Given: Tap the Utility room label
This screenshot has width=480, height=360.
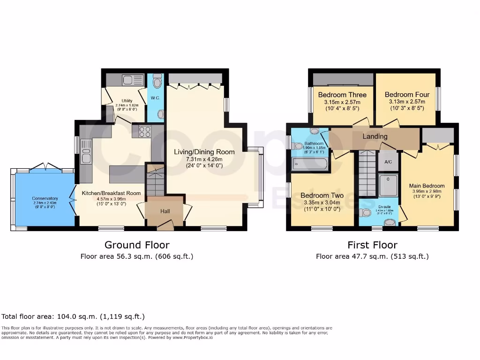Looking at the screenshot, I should tap(127, 101).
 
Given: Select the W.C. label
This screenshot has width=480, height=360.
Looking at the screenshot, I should tap(155, 98).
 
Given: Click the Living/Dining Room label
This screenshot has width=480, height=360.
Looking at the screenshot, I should tap(204, 152).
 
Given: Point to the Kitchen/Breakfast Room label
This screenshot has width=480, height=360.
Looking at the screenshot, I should tap(111, 193).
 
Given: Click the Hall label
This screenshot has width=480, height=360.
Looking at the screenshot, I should tap(165, 211).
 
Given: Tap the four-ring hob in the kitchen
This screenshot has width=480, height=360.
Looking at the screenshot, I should tap(144, 132).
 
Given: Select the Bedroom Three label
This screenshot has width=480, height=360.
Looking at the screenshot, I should tap(342, 95).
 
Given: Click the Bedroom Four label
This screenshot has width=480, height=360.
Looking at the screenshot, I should tap(406, 95).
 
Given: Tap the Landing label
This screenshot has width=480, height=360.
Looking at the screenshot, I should tap(375, 136).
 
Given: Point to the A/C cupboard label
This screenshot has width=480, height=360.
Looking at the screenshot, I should tap(388, 162).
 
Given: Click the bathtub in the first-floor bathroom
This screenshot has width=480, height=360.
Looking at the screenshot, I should tap(309, 164).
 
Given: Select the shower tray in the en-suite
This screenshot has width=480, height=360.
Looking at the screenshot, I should tap(388, 185).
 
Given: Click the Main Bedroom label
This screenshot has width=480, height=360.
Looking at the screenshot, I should tap(427, 186).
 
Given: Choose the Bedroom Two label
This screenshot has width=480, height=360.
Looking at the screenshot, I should tap(322, 195).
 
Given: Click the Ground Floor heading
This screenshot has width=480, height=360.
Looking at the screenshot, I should tap(136, 245).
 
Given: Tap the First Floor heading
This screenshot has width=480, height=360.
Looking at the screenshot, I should tap(372, 245).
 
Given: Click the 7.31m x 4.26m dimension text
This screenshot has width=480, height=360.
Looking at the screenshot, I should tap(204, 159).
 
